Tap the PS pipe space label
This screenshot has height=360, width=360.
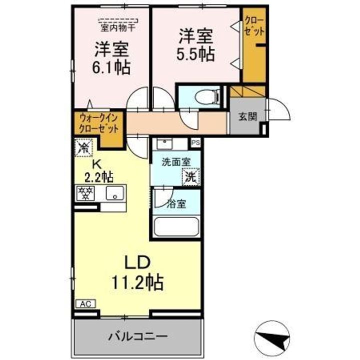[195, 142]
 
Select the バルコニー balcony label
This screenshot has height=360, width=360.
[137, 336]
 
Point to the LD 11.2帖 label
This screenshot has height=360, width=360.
[137, 274]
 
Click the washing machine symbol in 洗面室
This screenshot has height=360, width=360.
[190, 176]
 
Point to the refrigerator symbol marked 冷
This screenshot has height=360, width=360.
[84, 148]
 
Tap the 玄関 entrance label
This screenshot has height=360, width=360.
[247, 117]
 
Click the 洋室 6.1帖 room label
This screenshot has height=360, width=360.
[112, 58]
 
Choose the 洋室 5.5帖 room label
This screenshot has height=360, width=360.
[196, 45]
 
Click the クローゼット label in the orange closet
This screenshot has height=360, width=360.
[254, 24]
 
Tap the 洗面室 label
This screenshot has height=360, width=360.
[174, 162]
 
